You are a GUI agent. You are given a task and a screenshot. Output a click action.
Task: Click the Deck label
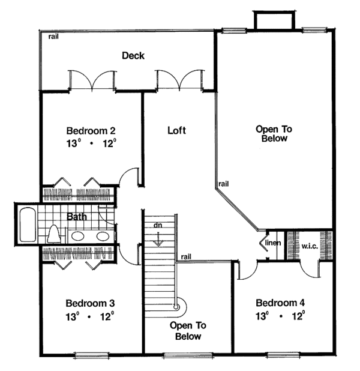(x=133, y=56)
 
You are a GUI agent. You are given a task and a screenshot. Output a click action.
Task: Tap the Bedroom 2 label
(x=91, y=131)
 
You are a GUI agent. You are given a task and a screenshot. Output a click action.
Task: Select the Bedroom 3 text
(x=91, y=303)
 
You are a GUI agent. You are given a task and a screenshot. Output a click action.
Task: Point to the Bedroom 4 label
(x=280, y=302)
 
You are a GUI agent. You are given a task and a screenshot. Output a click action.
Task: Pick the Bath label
(x=77, y=216)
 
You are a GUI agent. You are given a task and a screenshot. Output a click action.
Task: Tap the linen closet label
(x=273, y=243)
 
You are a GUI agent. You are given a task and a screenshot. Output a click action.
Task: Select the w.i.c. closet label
(x=310, y=246)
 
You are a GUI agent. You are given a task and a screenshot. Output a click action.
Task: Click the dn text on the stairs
(x=158, y=225)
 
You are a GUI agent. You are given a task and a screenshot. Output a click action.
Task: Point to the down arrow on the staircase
(x=158, y=238)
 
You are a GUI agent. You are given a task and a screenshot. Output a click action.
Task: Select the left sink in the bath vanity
(x=77, y=236)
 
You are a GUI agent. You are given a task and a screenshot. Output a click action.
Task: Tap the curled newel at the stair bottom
(x=176, y=307)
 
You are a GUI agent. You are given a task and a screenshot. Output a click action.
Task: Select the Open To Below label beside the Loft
(x=271, y=133)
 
